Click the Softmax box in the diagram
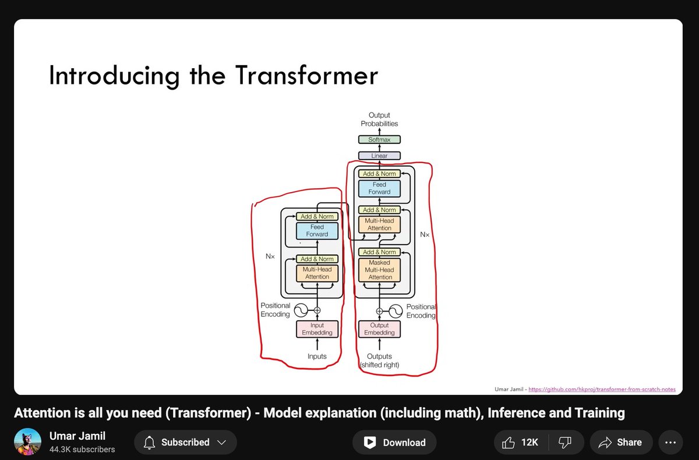coord(379,140)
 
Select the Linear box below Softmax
coord(379,156)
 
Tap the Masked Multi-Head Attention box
coord(380,270)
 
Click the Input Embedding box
coord(317,329)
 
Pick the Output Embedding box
coord(379,329)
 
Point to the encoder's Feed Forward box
coord(317,231)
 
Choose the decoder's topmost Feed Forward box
coord(380,188)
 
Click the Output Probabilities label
coord(379,119)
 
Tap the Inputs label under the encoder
coord(317,356)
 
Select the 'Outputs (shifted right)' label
coord(379,360)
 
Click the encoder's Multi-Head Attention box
coord(317,273)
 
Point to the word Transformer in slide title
coord(306,76)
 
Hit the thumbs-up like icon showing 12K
coord(509,443)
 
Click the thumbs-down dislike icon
coord(564,443)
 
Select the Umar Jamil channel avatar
coord(27,442)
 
